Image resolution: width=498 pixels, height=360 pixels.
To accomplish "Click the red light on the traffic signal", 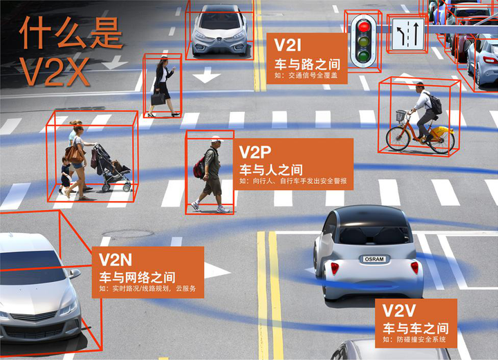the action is pos(364,27).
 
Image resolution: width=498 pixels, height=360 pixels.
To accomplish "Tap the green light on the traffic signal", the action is pos(363,56).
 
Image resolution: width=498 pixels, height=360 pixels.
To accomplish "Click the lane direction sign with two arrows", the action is pos(408,34).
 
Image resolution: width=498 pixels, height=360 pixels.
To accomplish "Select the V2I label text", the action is pos(288,45).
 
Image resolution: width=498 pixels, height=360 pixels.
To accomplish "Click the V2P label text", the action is pos(255,152).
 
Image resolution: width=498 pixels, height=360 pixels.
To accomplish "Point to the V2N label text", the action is pos(116,260).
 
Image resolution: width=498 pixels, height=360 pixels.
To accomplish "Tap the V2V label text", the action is pos(399,310).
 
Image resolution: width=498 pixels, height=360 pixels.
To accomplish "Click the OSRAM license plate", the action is pos(374,259).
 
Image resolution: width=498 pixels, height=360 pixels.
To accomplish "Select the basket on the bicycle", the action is pos(401,115).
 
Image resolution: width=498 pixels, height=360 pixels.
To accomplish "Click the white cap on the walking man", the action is pos(216,139).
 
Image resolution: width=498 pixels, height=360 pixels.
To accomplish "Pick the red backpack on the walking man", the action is pos(199,167).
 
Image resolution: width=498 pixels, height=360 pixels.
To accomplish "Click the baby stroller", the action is pos(111,168).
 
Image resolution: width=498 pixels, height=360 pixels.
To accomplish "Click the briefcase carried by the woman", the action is pos(158,98).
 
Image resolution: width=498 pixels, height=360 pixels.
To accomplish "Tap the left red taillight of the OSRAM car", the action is pos(335,268).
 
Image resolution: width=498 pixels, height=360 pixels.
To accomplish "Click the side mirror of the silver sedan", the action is pos(75,273).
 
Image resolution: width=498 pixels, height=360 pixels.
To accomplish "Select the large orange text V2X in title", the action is pos(55,72).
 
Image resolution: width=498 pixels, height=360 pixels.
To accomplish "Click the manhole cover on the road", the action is pos(128,234).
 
